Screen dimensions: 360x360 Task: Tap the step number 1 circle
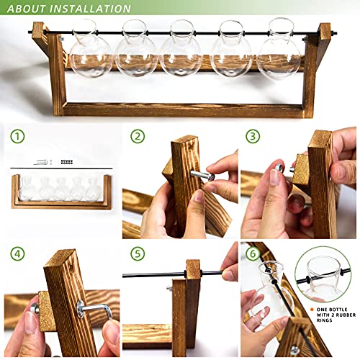pyautogui.click(x=18, y=136)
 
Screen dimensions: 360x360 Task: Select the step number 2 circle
pyautogui.click(x=137, y=136)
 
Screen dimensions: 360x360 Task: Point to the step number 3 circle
pyautogui.click(x=253, y=136)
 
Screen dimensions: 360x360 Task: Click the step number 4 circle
pyautogui.click(x=18, y=253)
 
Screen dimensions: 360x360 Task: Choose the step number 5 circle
pyautogui.click(x=137, y=253)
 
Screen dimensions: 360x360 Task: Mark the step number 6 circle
pyautogui.click(x=253, y=253)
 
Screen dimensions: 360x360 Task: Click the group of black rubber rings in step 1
pyautogui.click(x=66, y=162)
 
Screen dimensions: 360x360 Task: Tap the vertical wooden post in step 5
pyautogui.click(x=192, y=306)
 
